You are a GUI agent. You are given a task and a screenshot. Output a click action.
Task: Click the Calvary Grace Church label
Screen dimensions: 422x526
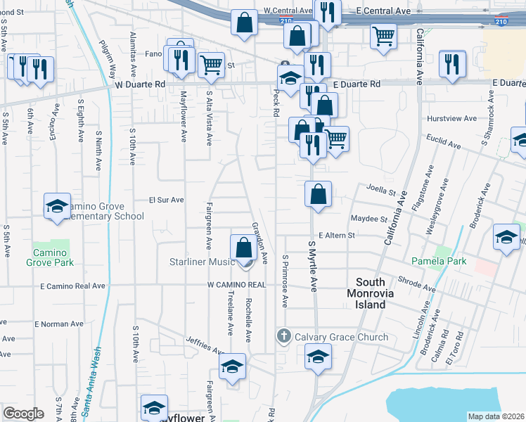(x=341, y=337)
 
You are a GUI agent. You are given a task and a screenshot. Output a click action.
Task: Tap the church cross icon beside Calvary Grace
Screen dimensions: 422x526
(x=283, y=336)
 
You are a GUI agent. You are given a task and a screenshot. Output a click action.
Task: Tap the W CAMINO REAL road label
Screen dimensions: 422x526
(x=236, y=285)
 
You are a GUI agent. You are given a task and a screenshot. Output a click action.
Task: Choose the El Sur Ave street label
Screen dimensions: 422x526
(x=166, y=200)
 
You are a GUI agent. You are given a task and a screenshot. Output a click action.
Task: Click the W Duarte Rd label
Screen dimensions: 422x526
(x=140, y=84)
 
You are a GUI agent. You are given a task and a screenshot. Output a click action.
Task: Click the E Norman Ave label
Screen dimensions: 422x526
(x=58, y=324)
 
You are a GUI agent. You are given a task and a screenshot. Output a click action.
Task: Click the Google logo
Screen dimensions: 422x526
(x=23, y=414)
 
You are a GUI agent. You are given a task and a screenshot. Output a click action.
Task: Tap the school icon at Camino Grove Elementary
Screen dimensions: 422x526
(x=57, y=206)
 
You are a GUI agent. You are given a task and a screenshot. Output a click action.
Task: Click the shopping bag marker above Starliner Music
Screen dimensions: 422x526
(x=243, y=248)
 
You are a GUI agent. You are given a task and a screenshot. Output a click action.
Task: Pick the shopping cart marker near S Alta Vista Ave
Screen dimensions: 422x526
(x=211, y=65)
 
